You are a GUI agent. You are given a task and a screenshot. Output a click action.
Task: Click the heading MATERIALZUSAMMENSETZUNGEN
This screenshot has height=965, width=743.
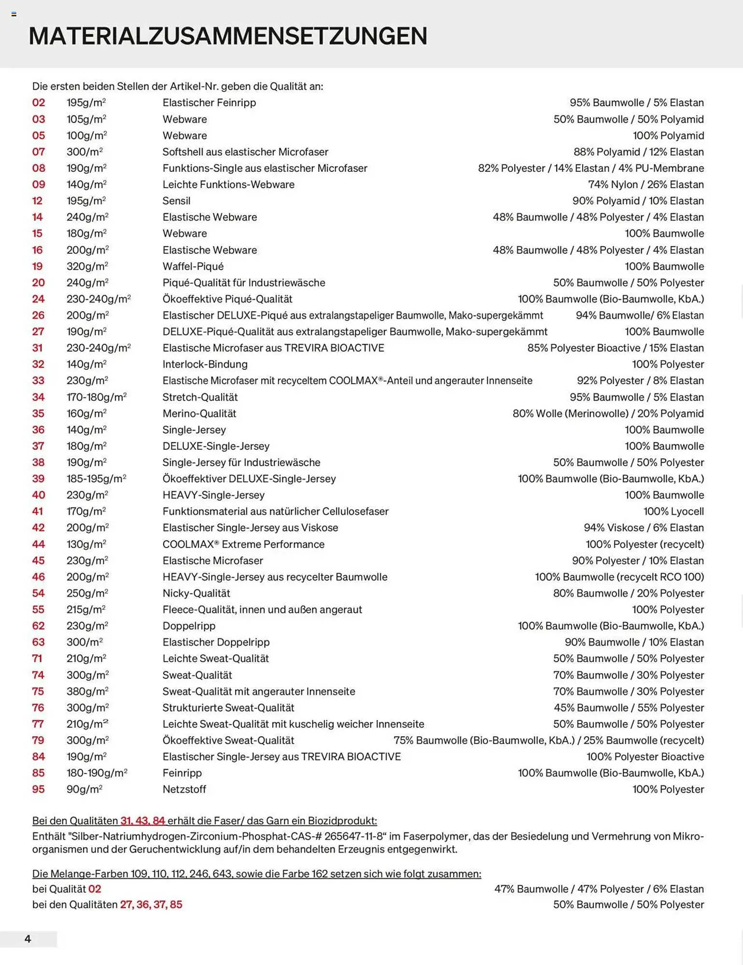228,36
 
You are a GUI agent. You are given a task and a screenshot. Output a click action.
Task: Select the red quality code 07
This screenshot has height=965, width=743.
39,152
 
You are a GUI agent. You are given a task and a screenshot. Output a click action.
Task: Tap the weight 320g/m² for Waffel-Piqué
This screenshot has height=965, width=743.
87,266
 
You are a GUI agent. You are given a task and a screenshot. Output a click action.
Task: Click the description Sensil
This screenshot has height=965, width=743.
176,201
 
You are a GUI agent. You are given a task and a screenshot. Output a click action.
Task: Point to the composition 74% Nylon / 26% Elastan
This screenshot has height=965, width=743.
645,184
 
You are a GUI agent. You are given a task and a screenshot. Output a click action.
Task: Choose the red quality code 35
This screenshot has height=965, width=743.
38,414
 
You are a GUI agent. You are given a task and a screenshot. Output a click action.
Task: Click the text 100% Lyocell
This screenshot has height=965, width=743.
673,511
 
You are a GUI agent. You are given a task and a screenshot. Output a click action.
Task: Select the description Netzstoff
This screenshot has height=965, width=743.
184,789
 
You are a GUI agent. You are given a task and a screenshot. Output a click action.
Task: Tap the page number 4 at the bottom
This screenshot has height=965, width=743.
28,939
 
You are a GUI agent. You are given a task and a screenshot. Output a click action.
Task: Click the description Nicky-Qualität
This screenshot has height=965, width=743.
196,593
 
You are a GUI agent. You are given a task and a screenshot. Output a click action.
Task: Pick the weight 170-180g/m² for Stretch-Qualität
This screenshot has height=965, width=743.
96,397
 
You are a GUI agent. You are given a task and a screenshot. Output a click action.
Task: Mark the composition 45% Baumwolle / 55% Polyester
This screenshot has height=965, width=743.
629,708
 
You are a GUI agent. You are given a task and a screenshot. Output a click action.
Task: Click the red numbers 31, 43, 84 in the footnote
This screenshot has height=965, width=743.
142,821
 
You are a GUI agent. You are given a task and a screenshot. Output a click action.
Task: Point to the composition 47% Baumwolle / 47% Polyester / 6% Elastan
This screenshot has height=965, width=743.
599,889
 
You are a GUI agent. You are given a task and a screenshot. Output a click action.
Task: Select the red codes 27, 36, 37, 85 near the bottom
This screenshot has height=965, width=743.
151,904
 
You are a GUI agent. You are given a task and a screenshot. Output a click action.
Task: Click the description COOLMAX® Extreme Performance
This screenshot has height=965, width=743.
243,544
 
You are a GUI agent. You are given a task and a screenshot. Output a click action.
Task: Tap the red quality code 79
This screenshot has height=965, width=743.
38,740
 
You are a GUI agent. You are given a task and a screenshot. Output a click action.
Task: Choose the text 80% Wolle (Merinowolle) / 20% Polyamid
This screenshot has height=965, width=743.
608,414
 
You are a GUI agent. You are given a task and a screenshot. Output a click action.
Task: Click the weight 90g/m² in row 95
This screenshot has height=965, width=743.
84,789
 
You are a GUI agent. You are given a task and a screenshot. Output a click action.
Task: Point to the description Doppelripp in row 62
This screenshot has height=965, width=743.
189,626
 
